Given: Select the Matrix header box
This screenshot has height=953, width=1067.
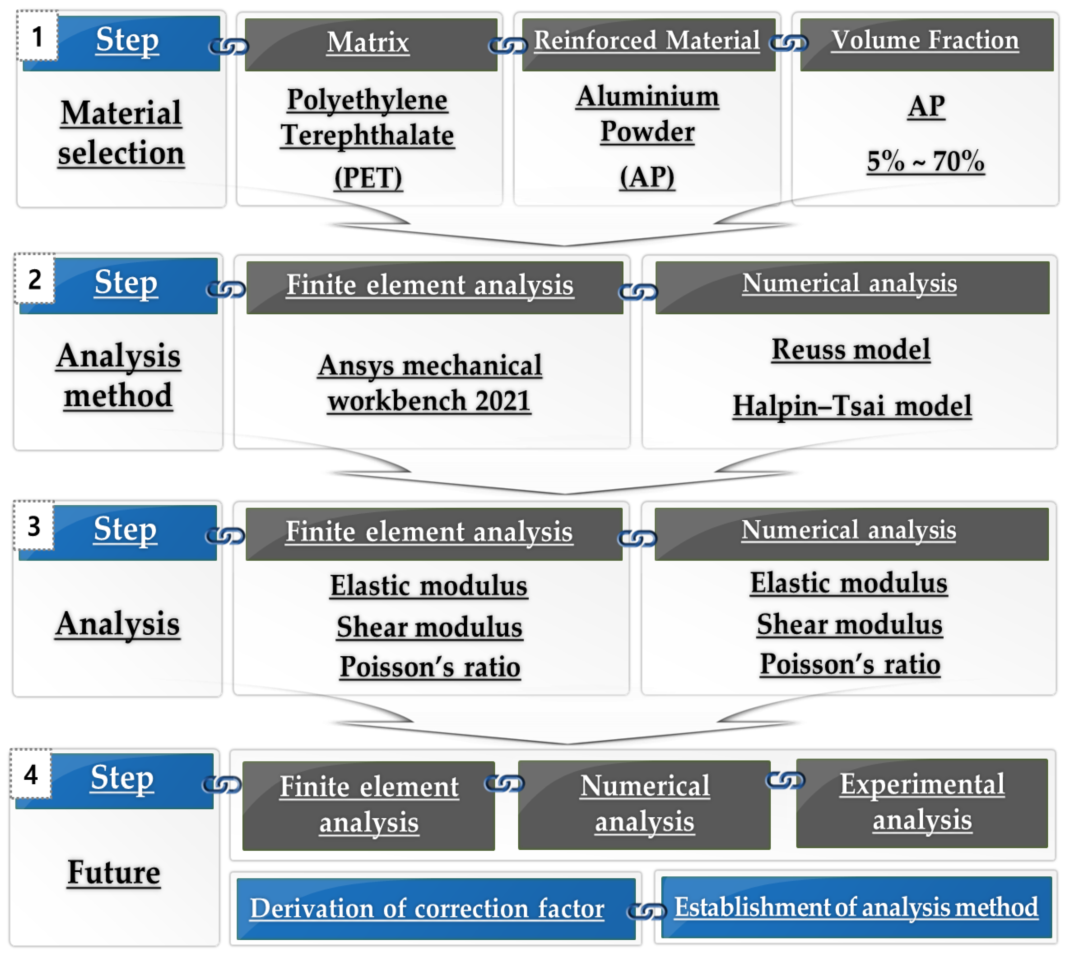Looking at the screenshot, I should click(x=371, y=44).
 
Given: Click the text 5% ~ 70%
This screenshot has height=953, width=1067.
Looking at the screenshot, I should click(x=925, y=161).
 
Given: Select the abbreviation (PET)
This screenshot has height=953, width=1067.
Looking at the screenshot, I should click(x=368, y=178).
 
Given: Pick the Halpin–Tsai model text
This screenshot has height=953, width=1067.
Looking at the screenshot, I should click(x=852, y=406).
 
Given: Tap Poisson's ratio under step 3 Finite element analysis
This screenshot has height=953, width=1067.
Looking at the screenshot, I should click(x=430, y=667).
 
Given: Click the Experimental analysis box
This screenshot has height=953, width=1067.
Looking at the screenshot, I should click(x=921, y=802).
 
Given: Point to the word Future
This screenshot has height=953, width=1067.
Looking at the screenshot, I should click(x=114, y=872).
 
